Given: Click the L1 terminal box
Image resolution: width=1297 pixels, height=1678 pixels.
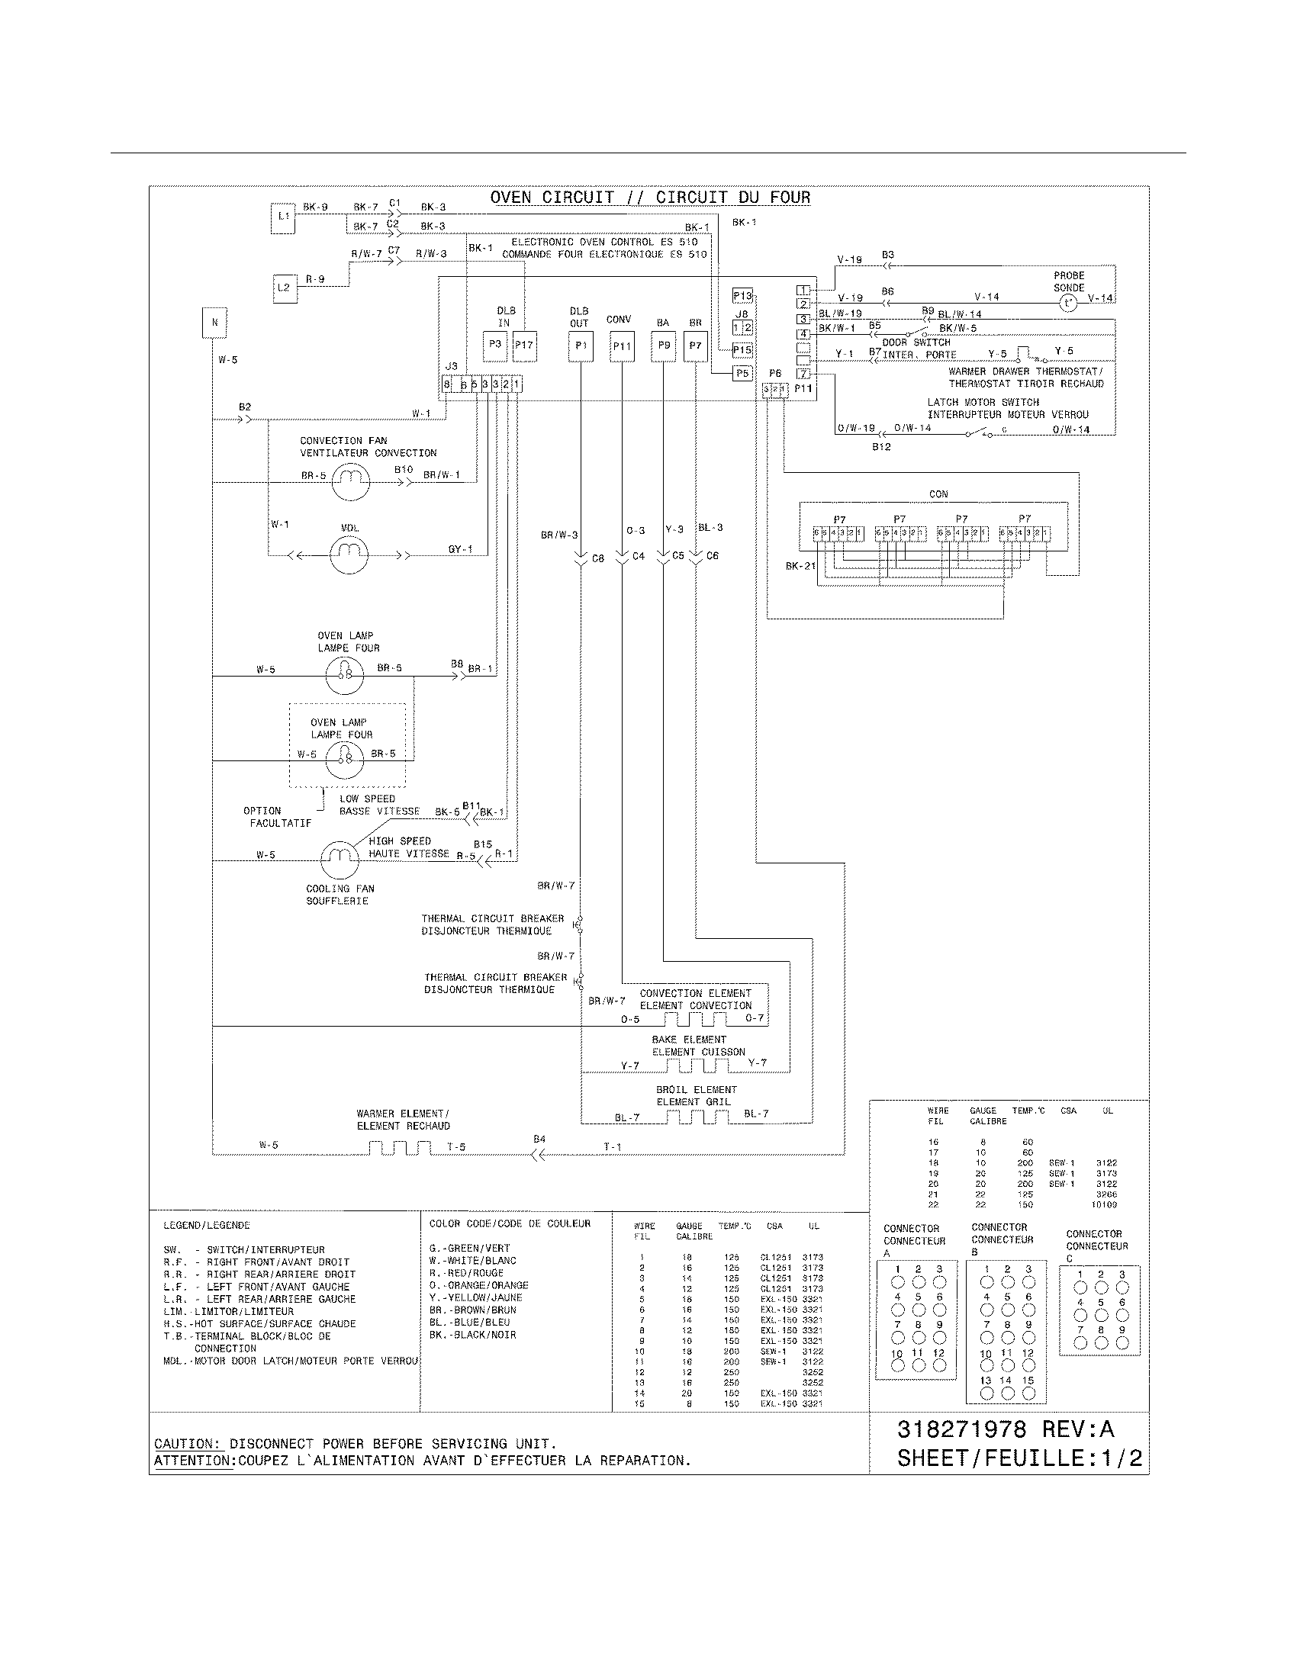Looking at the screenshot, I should point(284,217).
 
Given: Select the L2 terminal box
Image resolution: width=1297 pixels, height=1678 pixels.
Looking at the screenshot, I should point(284,288).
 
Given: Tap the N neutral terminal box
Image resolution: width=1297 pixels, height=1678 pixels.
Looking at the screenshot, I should point(214,323).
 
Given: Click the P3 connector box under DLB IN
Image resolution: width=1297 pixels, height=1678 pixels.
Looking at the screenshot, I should point(495,346).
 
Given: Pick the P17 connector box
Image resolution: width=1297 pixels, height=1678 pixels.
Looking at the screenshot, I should point(524,346).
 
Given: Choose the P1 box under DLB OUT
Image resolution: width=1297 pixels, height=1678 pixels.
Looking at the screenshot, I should point(581,346).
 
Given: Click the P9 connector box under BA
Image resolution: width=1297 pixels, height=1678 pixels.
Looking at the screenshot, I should point(663,346).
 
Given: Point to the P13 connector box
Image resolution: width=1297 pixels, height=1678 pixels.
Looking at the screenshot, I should point(742,296).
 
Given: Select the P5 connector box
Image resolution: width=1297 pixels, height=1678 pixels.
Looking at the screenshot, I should point(742,374).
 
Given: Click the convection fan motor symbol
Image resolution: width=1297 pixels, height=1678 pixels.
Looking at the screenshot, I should point(350,481).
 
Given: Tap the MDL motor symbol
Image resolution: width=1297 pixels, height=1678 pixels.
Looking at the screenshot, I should point(349,554).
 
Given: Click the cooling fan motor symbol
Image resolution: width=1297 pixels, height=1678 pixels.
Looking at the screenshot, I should point(340,860).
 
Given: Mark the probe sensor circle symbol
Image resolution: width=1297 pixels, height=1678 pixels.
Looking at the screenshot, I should point(1069,304).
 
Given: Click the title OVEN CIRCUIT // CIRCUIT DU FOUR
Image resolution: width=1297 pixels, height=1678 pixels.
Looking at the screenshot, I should point(650,198).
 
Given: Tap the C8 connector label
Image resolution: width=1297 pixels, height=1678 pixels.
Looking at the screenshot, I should point(599,558).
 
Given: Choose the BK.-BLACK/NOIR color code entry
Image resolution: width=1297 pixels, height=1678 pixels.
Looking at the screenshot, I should point(472,1336).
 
